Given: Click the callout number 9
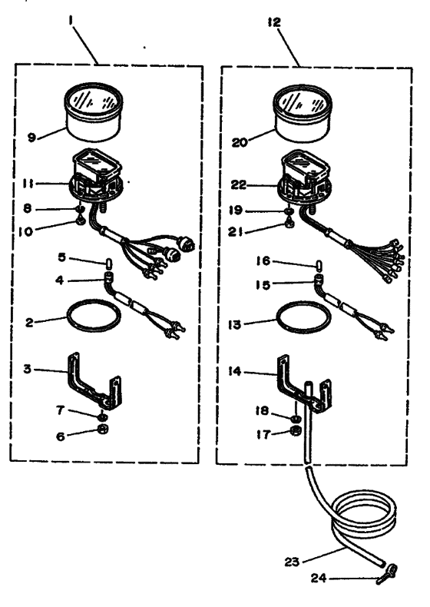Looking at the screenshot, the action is pyautogui.click(x=31, y=137).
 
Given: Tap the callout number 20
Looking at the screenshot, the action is pyautogui.click(x=240, y=142).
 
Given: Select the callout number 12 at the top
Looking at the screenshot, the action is pyautogui.click(x=274, y=22).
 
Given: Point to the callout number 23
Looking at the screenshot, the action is pyautogui.click(x=292, y=562).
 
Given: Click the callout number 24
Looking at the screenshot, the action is pyautogui.click(x=319, y=578).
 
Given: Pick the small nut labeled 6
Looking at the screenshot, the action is pyautogui.click(x=103, y=429).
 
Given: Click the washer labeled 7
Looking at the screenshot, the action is pyautogui.click(x=103, y=417).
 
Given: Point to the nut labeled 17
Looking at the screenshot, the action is pyautogui.click(x=296, y=430).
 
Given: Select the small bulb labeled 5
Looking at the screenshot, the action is pyautogui.click(x=109, y=264).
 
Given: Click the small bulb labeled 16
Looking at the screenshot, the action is pyautogui.click(x=319, y=267).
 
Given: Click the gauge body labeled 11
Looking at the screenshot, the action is pyautogui.click(x=96, y=177).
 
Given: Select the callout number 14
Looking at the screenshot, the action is pyautogui.click(x=235, y=372).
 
